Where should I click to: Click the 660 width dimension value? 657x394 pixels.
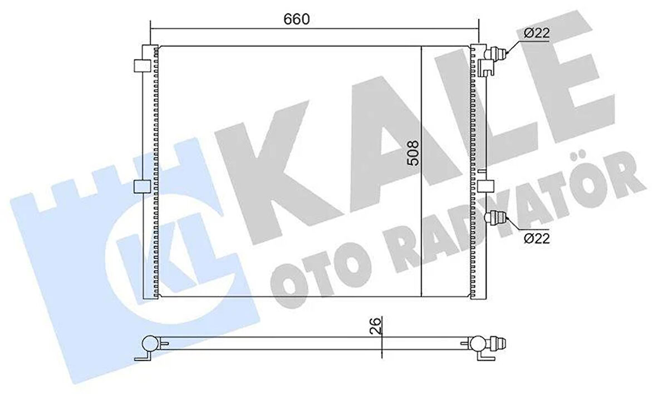click(x=296, y=19)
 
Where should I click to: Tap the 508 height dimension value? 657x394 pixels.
click(x=413, y=153)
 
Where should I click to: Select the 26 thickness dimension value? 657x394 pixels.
click(x=376, y=326)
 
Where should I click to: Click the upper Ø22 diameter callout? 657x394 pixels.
click(x=537, y=33)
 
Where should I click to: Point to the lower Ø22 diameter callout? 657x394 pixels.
click(x=537, y=238)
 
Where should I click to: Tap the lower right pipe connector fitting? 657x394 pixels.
click(x=496, y=218)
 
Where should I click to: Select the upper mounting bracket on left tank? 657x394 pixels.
click(x=142, y=65)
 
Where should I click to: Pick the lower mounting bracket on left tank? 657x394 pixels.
click(x=142, y=187)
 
